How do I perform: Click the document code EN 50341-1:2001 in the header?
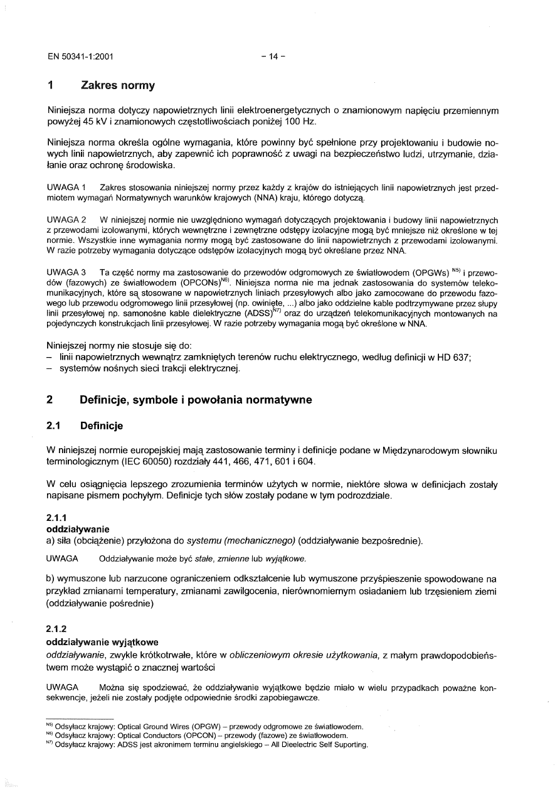point(80,56)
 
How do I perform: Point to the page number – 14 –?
point(273,56)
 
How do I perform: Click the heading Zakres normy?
point(117,85)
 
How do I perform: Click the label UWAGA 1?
point(66,188)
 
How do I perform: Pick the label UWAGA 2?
point(66,220)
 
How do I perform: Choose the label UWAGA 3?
point(66,272)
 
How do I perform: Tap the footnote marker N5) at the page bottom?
point(50,727)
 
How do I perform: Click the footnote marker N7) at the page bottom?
point(50,745)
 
